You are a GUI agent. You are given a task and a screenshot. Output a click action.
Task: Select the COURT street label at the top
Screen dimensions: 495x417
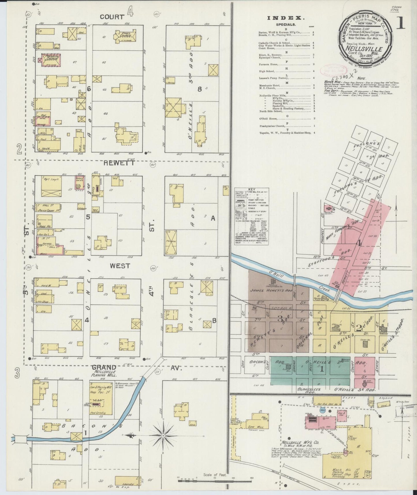111,17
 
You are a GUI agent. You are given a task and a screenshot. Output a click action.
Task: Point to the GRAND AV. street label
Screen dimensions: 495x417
112,368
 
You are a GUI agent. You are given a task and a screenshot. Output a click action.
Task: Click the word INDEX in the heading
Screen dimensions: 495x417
286,18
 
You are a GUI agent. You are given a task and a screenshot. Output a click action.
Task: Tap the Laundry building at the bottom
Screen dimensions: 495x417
126,481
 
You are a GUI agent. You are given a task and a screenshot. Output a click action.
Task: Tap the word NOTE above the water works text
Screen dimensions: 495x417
361,78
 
